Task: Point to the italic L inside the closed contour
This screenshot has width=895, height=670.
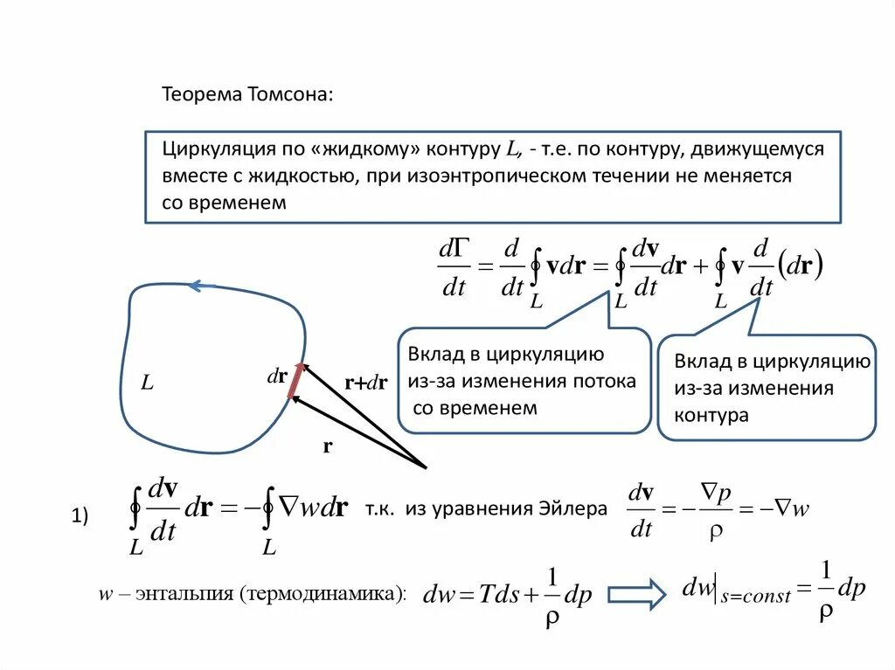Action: [148, 383]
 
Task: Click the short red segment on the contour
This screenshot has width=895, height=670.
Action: [296, 380]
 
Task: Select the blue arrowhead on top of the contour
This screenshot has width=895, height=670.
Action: [201, 285]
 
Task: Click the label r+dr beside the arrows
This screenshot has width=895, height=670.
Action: [365, 382]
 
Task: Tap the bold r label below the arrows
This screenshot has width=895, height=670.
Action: [328, 446]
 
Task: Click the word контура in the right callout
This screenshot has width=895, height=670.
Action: [711, 415]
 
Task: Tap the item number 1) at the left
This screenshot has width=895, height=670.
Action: [80, 518]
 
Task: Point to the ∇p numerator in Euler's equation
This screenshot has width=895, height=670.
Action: [718, 494]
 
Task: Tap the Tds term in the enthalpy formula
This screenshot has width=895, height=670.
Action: [496, 596]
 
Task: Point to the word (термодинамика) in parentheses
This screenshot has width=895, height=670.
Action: [328, 594]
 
